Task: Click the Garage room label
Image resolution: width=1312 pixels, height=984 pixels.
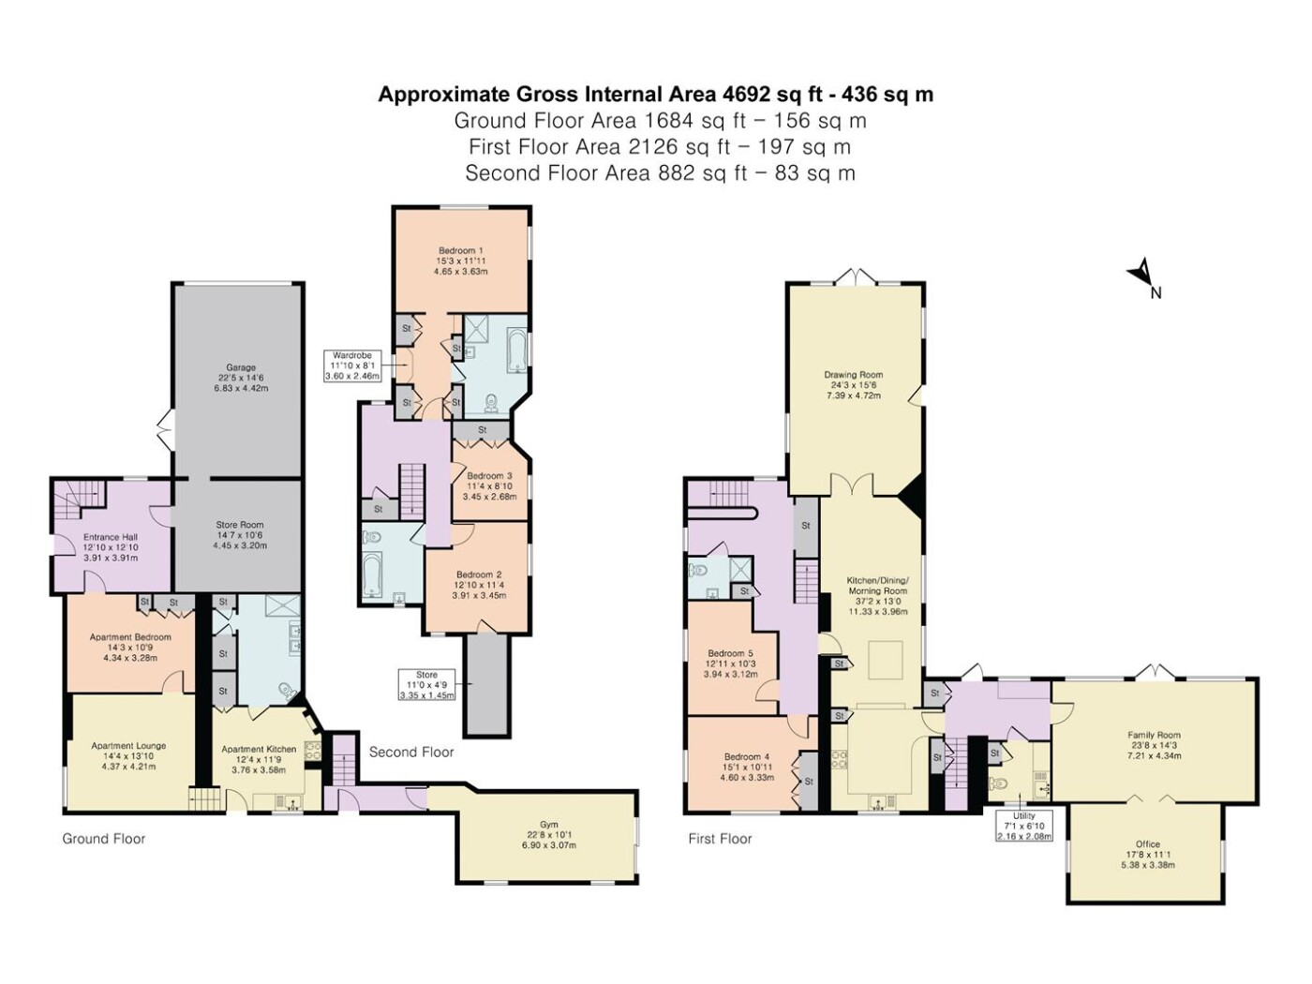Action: (x=240, y=378)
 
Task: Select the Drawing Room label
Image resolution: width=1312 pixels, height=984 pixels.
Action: (x=854, y=385)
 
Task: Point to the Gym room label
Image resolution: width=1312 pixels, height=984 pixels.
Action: (x=548, y=835)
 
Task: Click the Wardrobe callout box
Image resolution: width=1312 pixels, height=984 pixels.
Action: (x=352, y=366)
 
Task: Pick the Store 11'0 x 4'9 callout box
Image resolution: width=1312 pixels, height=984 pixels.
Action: (x=426, y=685)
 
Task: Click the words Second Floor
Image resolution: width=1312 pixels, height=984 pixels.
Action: (x=411, y=753)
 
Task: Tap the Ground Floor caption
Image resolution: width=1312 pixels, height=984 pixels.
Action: (x=104, y=839)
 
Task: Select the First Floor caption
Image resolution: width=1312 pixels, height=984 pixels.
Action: (x=720, y=839)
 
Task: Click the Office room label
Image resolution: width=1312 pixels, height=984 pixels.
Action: (x=1148, y=855)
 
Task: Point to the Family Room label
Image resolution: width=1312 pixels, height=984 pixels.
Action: (x=1154, y=745)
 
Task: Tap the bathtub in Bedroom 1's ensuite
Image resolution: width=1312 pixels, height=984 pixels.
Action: (x=515, y=350)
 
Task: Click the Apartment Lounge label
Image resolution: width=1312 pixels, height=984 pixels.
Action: (x=128, y=755)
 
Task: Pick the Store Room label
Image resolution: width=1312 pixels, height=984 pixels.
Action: (x=240, y=535)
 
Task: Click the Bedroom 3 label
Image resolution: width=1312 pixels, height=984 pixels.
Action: (x=489, y=485)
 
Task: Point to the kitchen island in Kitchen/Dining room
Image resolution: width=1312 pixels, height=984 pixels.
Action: (x=886, y=660)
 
